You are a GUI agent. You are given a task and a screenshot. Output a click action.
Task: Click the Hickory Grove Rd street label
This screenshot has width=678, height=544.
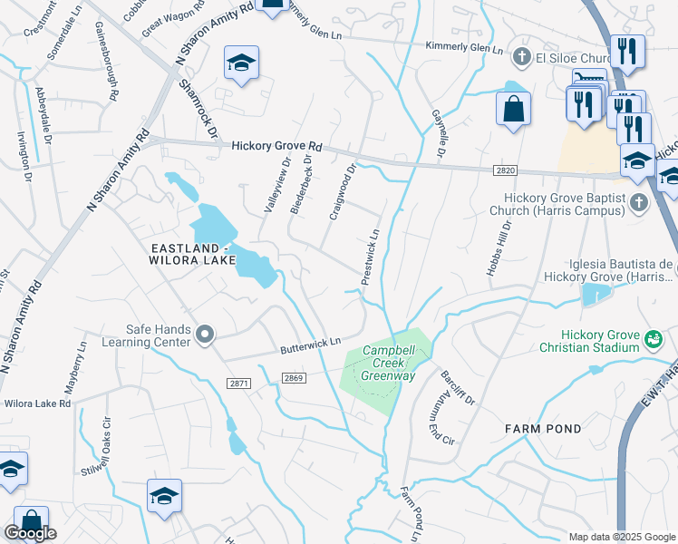tap(276, 146)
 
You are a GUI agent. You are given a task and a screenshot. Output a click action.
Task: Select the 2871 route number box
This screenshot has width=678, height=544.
tap(238, 384)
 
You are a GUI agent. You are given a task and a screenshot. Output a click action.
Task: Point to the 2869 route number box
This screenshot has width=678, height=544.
tap(292, 378)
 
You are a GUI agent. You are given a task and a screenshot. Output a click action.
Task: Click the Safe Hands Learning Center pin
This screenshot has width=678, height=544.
tap(206, 335)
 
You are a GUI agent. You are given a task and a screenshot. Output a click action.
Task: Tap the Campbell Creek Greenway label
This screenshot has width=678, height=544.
tap(388, 363)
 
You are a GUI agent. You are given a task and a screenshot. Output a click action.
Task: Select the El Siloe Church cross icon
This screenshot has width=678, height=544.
tap(521, 58)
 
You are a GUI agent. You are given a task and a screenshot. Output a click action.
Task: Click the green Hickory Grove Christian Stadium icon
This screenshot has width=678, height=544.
tap(652, 339)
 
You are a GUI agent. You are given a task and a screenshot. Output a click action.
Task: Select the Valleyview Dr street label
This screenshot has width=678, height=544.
tap(276, 186)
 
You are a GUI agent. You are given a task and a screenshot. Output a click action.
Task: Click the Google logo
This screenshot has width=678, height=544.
tap(30, 533)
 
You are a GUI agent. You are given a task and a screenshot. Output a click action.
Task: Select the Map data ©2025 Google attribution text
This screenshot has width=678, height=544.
tap(622, 537)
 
